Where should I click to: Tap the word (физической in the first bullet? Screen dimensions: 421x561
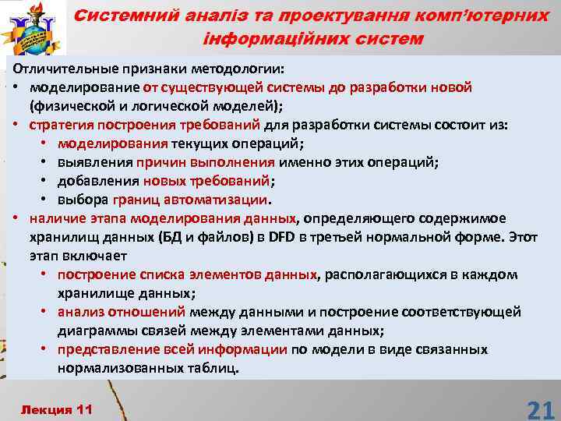[66, 105]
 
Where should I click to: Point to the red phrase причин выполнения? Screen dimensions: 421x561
[206, 161]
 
